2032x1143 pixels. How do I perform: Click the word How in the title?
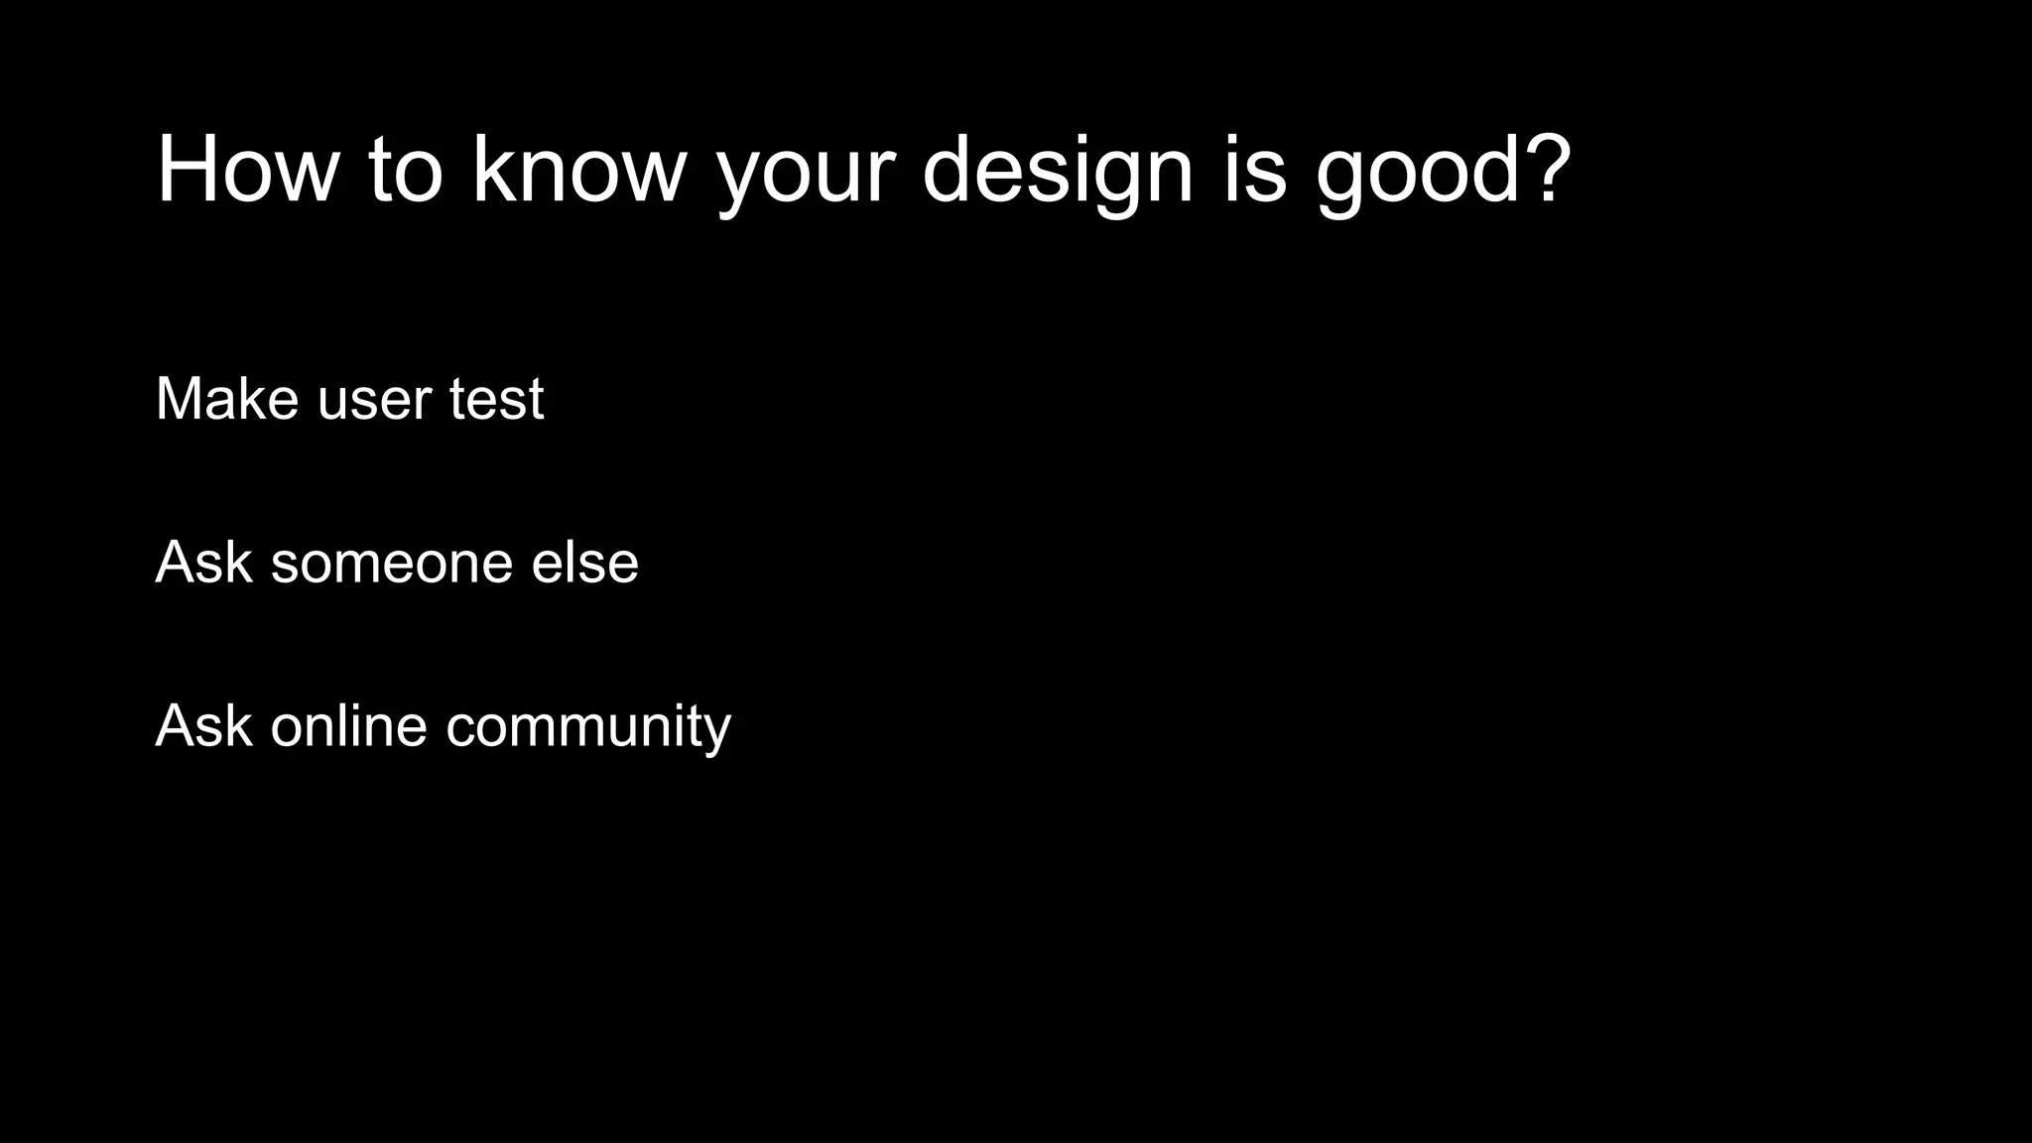pos(247,170)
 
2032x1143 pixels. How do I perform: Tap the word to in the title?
pos(405,170)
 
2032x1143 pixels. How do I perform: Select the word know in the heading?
pos(578,170)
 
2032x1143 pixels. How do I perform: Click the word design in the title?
pos(1057,170)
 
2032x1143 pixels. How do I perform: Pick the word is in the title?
pos(1255,170)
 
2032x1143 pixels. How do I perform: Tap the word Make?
pos(227,399)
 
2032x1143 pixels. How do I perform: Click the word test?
pos(496,399)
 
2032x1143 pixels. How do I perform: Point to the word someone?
pos(391,564)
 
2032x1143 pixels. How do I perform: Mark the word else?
pos(584,562)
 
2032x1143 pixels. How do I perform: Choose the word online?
pos(348,725)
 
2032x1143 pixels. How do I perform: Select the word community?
pos(587,727)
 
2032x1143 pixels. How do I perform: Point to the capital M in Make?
pos(180,399)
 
